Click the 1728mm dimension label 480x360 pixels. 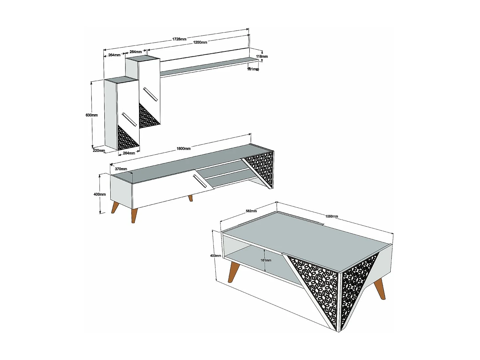[x=179, y=39]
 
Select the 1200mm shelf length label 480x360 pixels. [x=200, y=42]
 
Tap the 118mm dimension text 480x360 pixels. [x=262, y=56]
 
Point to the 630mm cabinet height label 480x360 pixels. [x=92, y=115]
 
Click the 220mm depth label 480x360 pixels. [x=99, y=150]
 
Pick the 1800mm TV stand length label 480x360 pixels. [x=184, y=148]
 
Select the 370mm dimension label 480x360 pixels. [x=121, y=169]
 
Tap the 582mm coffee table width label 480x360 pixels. [x=251, y=211]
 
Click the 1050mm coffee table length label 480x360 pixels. [x=332, y=216]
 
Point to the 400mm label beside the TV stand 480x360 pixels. [x=100, y=194]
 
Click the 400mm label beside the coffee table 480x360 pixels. [x=215, y=256]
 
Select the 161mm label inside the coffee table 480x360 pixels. [x=266, y=260]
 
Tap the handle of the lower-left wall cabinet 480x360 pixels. [x=130, y=119]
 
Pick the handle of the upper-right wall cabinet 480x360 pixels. [x=150, y=94]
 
